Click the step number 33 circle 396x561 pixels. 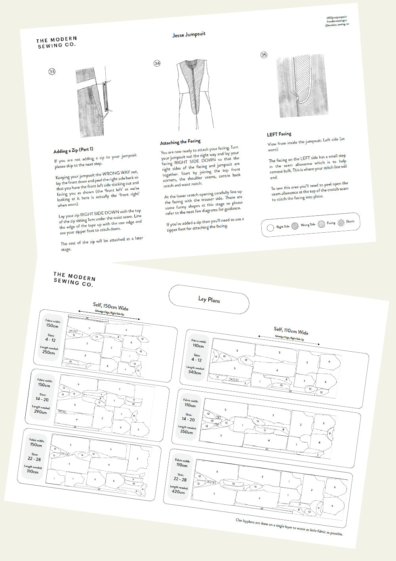point(52,72)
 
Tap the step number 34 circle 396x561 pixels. point(157,63)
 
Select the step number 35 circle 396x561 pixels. point(264,55)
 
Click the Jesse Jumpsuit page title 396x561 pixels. point(189,34)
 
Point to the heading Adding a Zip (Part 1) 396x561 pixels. point(73,150)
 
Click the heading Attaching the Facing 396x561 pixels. point(180,142)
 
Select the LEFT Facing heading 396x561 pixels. point(279,134)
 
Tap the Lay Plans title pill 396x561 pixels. point(209,299)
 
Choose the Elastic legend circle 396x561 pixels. point(341,222)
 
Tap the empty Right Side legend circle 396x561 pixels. point(270,228)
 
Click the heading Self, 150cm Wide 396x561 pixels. point(110,306)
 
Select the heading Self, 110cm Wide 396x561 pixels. point(291,330)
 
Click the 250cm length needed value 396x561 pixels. point(49,352)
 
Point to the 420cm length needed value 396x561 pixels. point(178,492)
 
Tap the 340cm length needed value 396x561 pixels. point(194,372)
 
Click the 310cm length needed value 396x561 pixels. point(32,471)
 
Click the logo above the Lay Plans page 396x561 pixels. point(74,279)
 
